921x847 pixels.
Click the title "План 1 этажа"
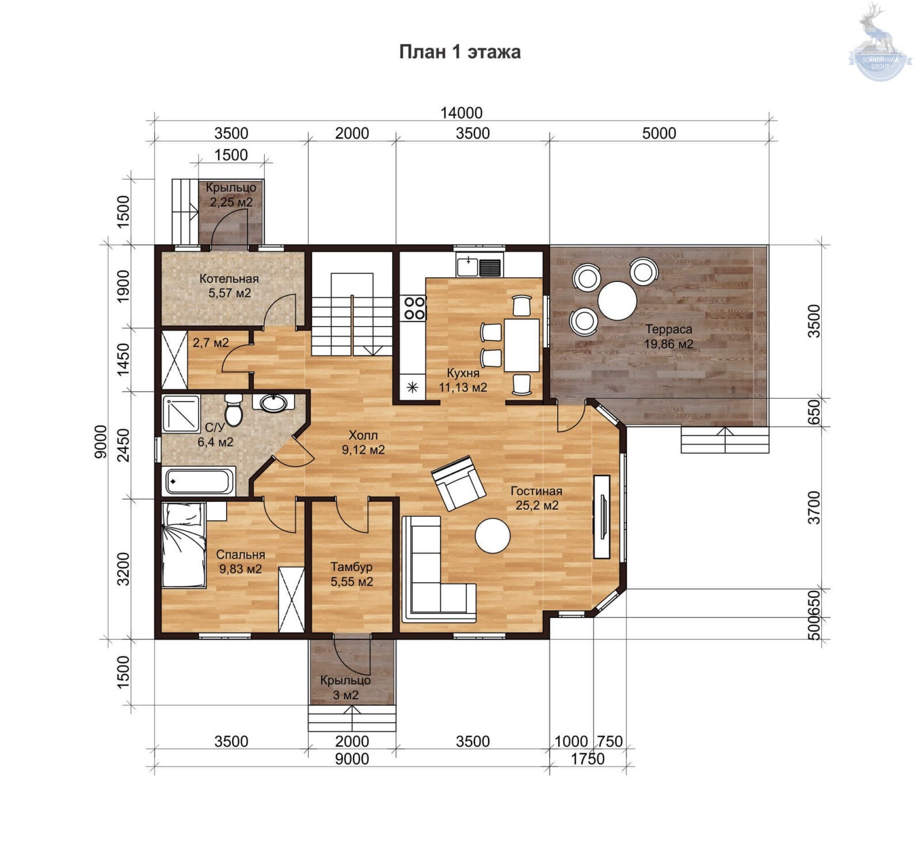click(x=460, y=52)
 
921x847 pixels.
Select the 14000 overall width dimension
click(x=462, y=113)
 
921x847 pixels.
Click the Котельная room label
click(x=229, y=279)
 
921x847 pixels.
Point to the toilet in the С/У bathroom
click(x=233, y=409)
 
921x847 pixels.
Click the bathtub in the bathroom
click(x=199, y=481)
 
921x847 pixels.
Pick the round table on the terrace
click(x=617, y=301)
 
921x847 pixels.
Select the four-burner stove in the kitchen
click(x=414, y=308)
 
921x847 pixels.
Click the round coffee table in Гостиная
click(x=493, y=536)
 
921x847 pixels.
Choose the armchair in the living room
click(x=459, y=482)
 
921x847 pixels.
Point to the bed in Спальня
click(x=184, y=545)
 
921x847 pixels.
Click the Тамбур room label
click(x=351, y=567)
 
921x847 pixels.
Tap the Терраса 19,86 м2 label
click(x=668, y=337)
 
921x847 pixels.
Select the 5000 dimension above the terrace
click(x=659, y=133)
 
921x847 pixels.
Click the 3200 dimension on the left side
click(x=123, y=569)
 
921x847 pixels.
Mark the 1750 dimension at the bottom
click(x=588, y=759)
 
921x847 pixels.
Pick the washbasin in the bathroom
click(x=273, y=403)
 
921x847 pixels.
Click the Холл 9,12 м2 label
click(x=363, y=443)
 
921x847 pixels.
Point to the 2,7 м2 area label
click(x=211, y=343)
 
